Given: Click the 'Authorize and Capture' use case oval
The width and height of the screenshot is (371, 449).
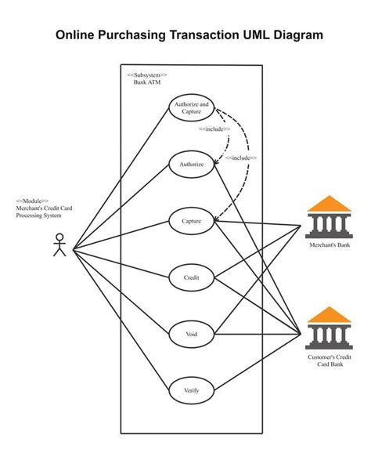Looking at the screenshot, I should tap(192, 108).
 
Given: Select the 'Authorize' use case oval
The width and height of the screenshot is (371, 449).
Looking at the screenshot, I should tap(192, 165).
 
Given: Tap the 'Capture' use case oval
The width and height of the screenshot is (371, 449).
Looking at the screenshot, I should tap(192, 222).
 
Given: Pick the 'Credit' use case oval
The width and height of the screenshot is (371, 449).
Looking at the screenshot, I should tap(192, 278).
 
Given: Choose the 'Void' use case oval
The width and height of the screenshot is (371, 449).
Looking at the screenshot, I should tap(192, 335).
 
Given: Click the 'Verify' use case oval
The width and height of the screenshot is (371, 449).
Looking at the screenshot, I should tap(192, 390).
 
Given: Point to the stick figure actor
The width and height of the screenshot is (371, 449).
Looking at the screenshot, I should tap(59, 246).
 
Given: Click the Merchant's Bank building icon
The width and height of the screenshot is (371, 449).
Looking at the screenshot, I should tap(328, 216).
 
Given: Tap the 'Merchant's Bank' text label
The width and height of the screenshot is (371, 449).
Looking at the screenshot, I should tap(328, 244).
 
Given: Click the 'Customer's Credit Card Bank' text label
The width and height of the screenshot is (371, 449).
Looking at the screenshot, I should tap(328, 361).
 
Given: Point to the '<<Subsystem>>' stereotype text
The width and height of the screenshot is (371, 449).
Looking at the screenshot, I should tap(146, 74).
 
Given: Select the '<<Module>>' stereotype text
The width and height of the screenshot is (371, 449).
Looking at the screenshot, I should tap(32, 201).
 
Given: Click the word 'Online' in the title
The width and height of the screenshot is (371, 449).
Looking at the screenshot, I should tap(77, 35).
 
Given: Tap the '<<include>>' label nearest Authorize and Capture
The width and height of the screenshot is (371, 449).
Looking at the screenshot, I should tap(214, 129).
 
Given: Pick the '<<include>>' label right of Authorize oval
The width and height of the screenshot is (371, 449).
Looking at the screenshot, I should tap(241, 158).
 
